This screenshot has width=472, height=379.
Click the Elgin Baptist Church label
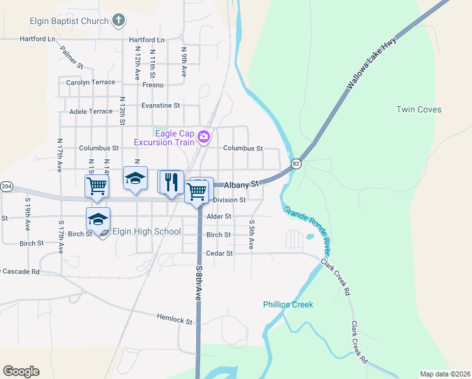[x=69, y=21]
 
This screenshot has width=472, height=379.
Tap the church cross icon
[x=118, y=21]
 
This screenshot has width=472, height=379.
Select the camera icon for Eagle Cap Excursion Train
[x=203, y=136]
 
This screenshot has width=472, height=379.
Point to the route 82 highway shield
[x=296, y=164]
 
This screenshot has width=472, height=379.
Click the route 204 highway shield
[x=6, y=187]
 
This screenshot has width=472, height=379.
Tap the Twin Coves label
[x=418, y=109]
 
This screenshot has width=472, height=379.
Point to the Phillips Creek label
[x=288, y=304]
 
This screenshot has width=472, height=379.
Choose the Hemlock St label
[x=174, y=320]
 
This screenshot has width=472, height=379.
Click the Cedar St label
[x=220, y=253]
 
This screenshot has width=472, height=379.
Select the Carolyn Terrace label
[x=91, y=82]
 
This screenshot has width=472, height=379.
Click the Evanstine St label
[x=161, y=105]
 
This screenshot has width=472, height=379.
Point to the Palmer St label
[x=71, y=56]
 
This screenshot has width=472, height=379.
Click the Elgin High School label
[x=146, y=231]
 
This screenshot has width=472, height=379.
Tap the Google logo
[x=21, y=371]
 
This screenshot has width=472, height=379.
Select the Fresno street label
[x=153, y=85]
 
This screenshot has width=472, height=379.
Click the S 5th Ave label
[x=252, y=234]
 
